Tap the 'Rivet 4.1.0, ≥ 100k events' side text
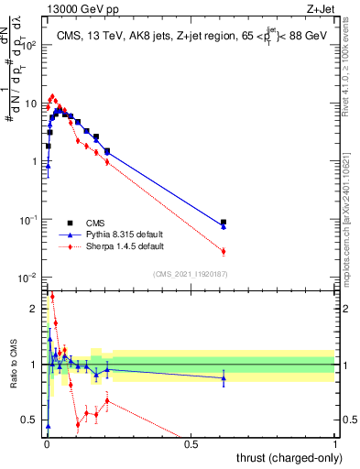point(352,69)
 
